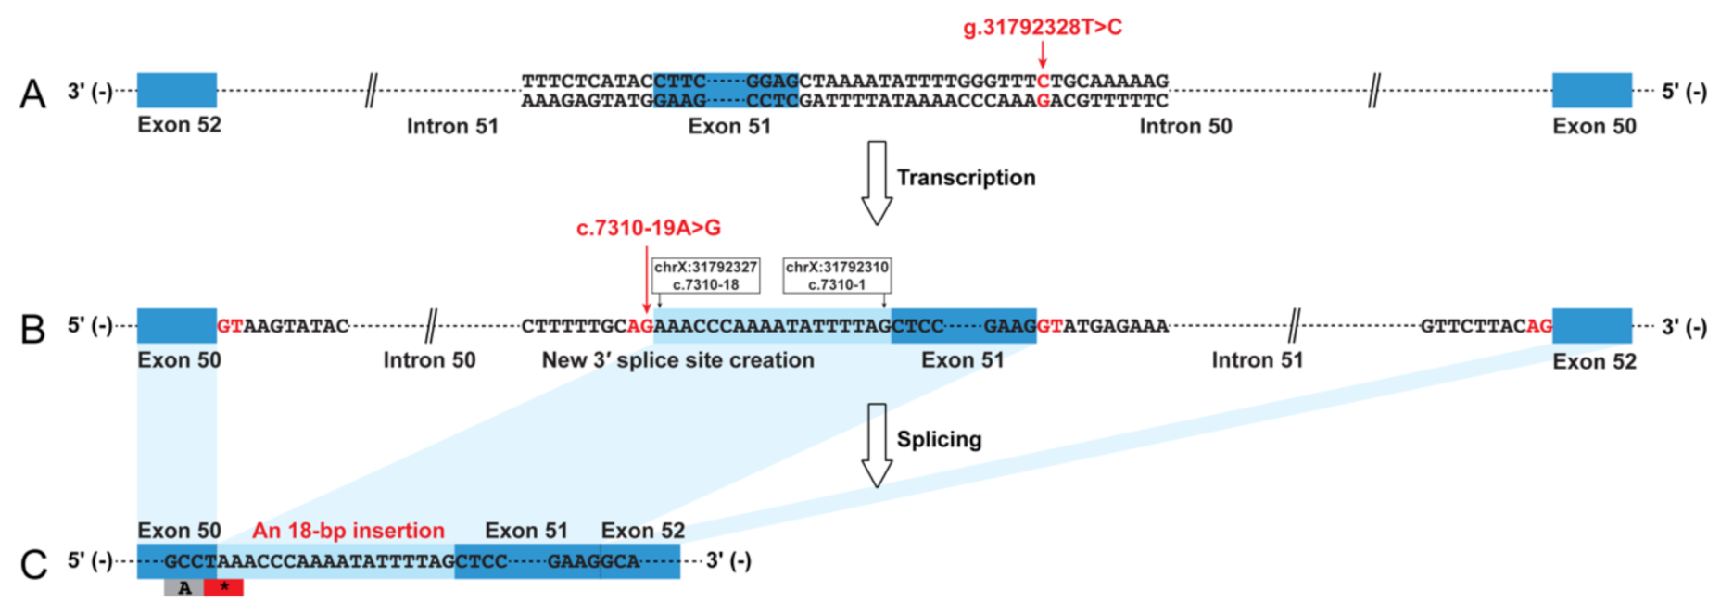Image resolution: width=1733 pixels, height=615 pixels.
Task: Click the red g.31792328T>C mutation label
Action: tap(1043, 28)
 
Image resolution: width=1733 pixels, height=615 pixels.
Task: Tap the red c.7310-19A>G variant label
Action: tap(648, 228)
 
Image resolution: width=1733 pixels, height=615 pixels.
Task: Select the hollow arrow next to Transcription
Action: tap(876, 182)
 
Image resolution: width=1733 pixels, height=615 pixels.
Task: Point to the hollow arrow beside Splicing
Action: tap(876, 445)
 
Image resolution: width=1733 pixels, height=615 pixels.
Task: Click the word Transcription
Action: tap(966, 178)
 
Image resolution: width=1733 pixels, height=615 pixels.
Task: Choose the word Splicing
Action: tap(939, 439)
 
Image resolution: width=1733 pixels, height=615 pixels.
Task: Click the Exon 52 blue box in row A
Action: tap(177, 91)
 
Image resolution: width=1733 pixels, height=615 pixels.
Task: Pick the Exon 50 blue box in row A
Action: tap(1591, 91)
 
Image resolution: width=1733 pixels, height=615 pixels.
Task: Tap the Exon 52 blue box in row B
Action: tap(1591, 326)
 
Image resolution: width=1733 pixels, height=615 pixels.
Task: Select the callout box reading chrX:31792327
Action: tap(705, 275)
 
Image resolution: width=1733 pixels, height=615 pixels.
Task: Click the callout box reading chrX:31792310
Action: tap(837, 275)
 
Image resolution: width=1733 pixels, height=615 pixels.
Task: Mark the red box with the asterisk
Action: tap(223, 587)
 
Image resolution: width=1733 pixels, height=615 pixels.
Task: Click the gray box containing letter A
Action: tap(184, 587)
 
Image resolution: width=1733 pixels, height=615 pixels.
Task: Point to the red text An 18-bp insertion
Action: tap(348, 531)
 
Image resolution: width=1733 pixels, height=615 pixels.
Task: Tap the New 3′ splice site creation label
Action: tap(677, 360)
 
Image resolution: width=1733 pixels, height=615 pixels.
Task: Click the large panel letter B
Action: tap(32, 329)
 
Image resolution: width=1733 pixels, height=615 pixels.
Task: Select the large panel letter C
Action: tap(33, 564)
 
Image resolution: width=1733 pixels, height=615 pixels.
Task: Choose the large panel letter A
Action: tap(32, 94)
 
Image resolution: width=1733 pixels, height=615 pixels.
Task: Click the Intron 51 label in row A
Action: tap(452, 126)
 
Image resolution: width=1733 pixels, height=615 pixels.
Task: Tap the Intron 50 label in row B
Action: tap(429, 360)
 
